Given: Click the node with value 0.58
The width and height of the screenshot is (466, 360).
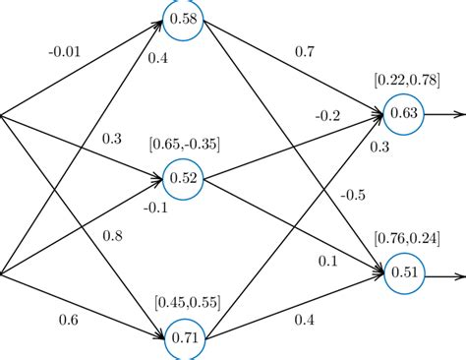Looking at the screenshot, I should click(184, 20).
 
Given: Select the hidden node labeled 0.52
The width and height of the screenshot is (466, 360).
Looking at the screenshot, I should click(184, 178).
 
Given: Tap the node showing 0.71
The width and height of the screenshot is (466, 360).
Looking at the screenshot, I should click(184, 337).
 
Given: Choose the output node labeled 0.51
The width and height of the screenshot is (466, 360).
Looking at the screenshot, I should click(404, 272).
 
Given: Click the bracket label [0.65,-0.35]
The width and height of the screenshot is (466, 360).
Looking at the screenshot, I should click(185, 145).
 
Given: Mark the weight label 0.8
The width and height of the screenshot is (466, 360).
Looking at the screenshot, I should click(113, 236).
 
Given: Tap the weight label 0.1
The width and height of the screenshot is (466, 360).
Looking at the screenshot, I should click(328, 261).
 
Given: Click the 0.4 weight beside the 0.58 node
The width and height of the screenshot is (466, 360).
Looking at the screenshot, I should click(158, 58).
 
